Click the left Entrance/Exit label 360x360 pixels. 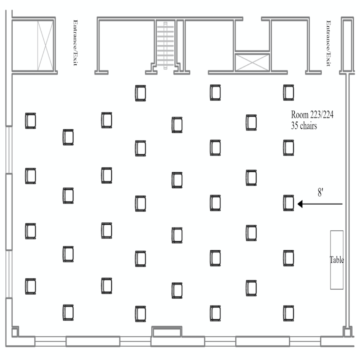click(x=75, y=43)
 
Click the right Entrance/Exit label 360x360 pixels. click(x=328, y=43)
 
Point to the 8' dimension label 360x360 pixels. click(x=321, y=193)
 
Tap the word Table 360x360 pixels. click(x=336, y=260)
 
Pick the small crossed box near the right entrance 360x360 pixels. click(x=252, y=63)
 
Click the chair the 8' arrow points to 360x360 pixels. click(x=289, y=203)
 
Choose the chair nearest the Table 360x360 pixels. click(x=289, y=258)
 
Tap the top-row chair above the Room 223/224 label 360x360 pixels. click(x=289, y=92)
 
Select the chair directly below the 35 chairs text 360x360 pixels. click(x=289, y=148)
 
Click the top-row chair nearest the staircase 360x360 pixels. click(x=140, y=93)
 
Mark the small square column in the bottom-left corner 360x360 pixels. click(x=14, y=332)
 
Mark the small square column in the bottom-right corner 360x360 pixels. click(x=347, y=332)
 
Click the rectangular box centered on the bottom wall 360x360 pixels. click(x=167, y=331)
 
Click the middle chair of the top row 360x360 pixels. click(x=215, y=92)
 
